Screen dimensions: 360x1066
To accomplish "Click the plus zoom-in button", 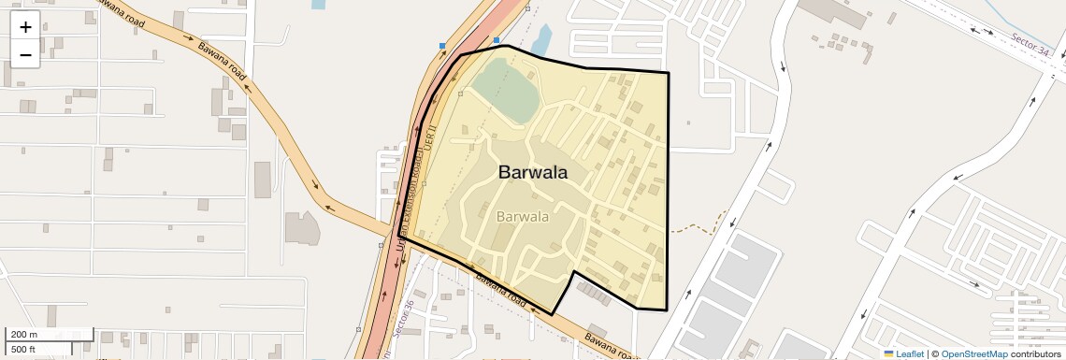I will point(25,27).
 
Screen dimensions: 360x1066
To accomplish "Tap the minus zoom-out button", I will point(25,55).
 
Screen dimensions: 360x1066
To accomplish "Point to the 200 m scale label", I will point(24,335).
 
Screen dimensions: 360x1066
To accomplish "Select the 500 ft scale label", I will point(23,350).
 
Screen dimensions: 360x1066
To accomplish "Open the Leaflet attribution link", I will point(909,353).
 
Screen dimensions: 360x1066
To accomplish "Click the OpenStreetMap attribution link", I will point(973,353).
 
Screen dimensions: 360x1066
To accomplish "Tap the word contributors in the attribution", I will point(1035,353).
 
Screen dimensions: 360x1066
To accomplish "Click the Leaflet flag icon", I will point(889,353).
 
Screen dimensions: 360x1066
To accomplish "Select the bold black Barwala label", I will point(533,172).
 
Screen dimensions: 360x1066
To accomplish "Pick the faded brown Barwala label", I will point(522,217).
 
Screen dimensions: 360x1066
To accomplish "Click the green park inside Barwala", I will point(503,89).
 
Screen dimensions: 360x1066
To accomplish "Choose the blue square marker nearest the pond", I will point(497,40).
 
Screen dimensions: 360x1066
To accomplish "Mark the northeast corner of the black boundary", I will point(669,72).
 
